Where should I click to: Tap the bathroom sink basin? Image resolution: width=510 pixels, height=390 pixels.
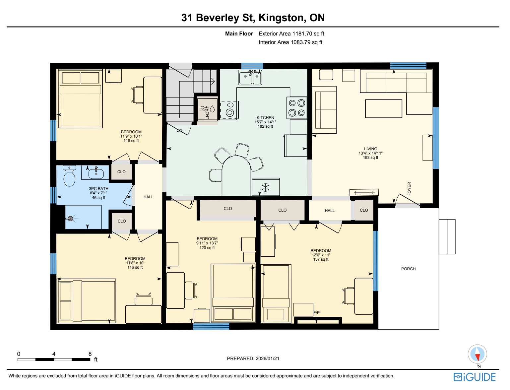point(96,173)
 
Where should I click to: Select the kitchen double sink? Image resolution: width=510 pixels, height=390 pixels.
point(250,77)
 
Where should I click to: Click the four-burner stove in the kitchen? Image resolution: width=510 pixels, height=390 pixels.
point(297,108)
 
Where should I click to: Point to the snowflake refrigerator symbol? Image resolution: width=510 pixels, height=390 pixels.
point(265,187)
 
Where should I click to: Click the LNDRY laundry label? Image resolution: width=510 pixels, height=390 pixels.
point(207,113)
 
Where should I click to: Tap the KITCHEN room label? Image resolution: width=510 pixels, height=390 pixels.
point(265,118)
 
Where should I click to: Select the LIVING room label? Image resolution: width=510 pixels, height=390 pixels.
point(371,149)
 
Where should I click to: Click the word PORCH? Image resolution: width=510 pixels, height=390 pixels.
point(409,269)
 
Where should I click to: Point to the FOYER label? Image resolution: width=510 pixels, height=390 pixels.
point(410,188)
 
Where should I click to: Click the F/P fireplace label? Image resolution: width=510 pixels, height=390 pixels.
point(316,313)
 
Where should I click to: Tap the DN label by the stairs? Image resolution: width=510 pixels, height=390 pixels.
point(179,130)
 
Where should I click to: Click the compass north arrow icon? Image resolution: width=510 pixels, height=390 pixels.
point(477,354)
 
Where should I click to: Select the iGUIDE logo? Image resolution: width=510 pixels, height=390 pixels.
point(475,377)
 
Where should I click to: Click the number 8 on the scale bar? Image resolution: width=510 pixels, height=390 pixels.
point(90,354)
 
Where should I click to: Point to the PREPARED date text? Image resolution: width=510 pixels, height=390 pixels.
point(253,358)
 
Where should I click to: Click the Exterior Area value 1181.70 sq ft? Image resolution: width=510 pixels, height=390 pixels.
point(308,34)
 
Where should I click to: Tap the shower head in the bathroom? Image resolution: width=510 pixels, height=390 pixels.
point(70,219)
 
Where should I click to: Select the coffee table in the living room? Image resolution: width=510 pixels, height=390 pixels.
point(384,109)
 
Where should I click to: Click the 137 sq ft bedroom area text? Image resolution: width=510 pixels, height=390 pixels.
point(321,259)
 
